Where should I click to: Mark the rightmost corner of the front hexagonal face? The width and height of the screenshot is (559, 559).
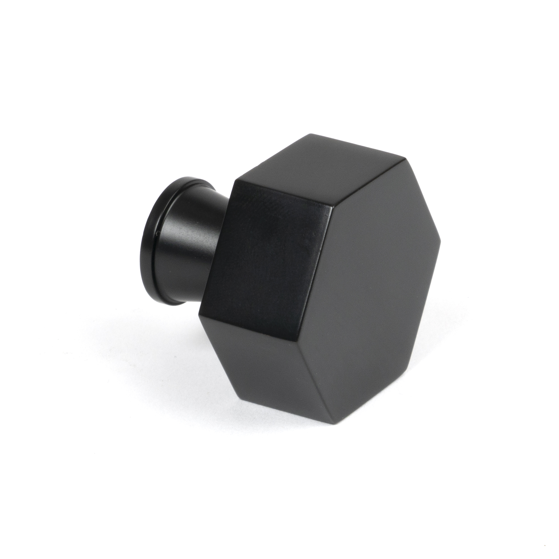[441, 255]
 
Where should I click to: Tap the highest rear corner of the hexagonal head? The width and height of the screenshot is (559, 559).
[311, 134]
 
